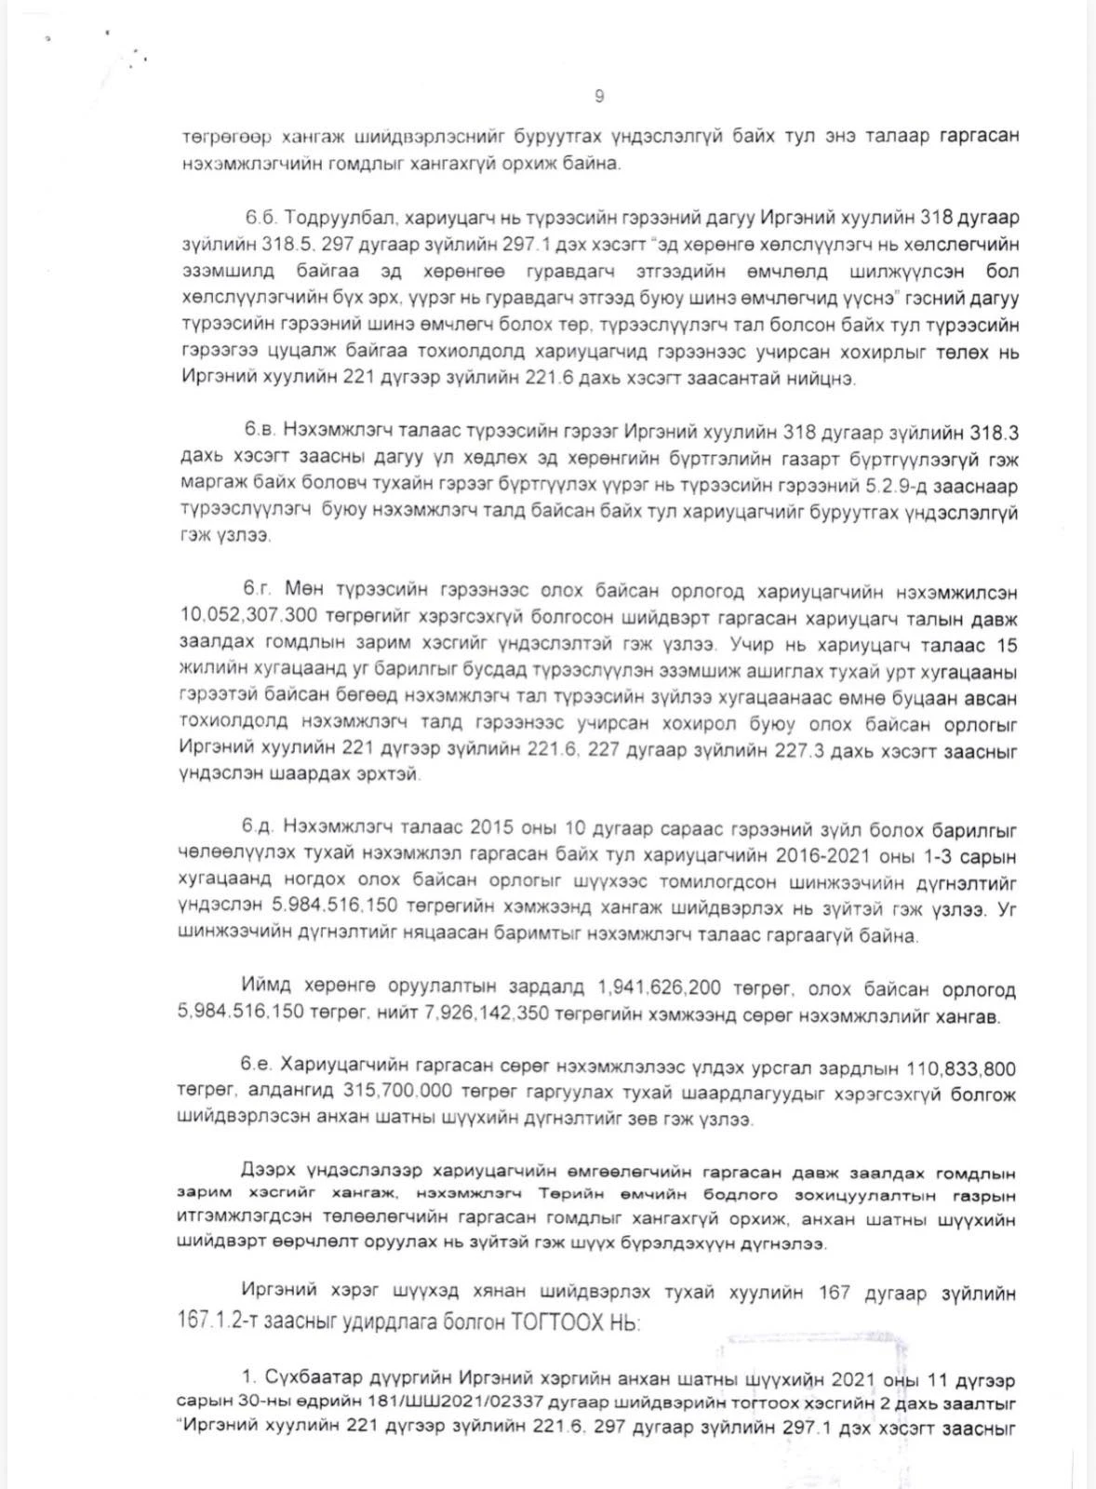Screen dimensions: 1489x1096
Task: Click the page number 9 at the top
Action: tap(598, 96)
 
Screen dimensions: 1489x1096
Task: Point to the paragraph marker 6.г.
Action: tap(258, 590)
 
